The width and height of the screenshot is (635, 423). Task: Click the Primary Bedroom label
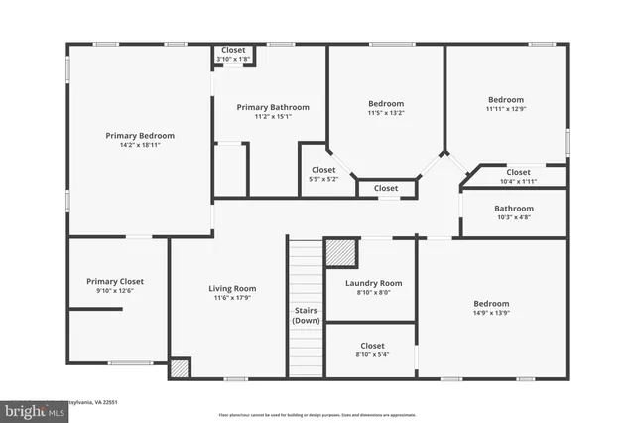point(140,135)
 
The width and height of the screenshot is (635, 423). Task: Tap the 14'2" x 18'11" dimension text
point(140,145)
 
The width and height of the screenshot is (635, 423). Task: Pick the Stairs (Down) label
point(306,316)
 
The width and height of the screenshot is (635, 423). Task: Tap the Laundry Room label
point(373,283)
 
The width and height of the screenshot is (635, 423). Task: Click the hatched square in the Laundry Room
point(340,252)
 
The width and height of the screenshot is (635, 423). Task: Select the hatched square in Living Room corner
point(179,367)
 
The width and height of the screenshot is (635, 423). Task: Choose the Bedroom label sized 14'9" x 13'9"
point(490,303)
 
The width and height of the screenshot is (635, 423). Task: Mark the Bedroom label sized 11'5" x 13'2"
point(386,103)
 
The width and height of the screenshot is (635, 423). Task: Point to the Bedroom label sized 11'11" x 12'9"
point(505,99)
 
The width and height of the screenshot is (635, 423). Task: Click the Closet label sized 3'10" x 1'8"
point(233,50)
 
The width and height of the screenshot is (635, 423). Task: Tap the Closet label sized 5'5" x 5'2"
point(323,170)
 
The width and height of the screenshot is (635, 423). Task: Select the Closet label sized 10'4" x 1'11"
point(518,172)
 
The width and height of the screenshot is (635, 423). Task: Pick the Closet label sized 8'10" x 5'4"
point(372,346)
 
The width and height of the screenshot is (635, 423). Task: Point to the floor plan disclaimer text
point(317,415)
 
